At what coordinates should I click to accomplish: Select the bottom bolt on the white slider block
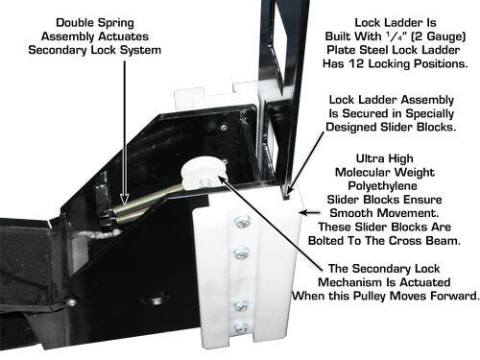pyautogui.click(x=240, y=327)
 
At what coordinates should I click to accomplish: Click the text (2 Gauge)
pyautogui.click(x=438, y=36)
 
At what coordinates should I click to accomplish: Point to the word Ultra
pyautogui.click(x=370, y=158)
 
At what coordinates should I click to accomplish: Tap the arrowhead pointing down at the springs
pyautogui.click(x=125, y=198)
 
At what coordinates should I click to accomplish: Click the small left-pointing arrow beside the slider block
pyautogui.click(x=309, y=212)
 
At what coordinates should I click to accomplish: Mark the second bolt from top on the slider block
pyautogui.click(x=240, y=252)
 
